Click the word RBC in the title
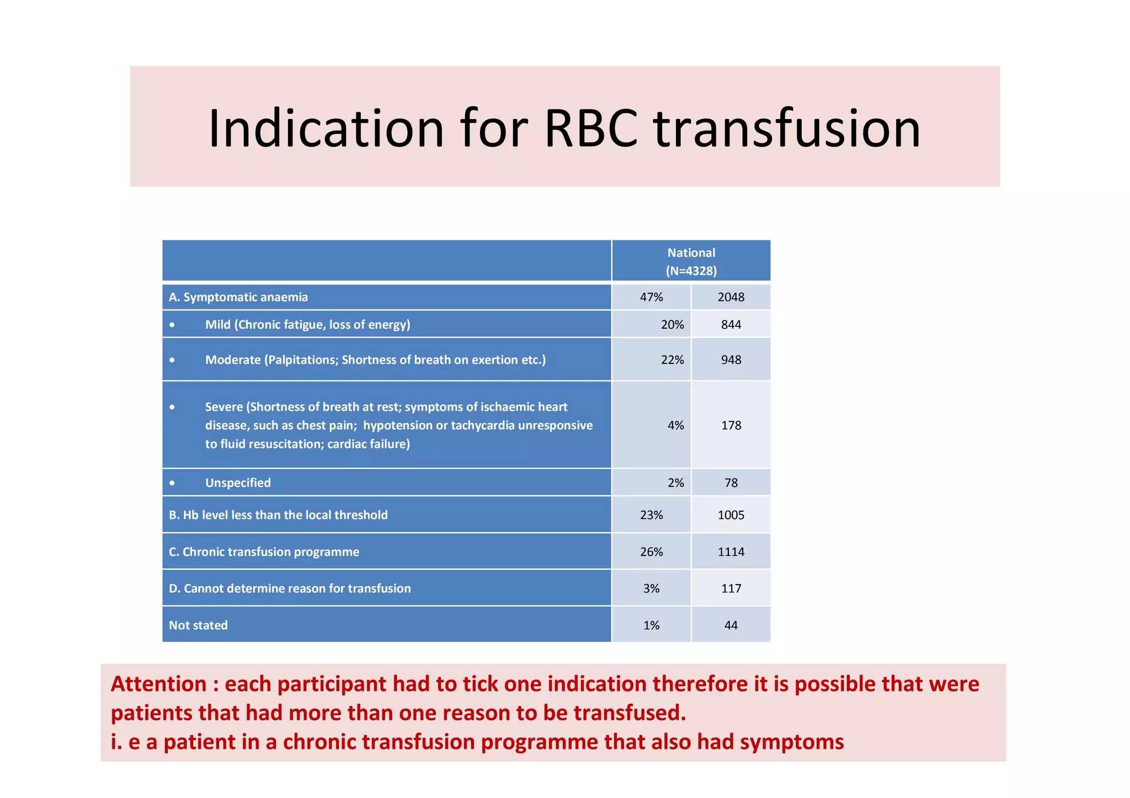tap(591, 129)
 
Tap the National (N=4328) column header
tap(691, 261)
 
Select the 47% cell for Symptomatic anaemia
tap(651, 297)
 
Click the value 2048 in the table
tap(731, 297)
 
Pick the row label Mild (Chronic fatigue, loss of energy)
tap(307, 324)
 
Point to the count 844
tap(731, 324)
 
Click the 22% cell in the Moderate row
tap(672, 360)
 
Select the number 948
tap(731, 360)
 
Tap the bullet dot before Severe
tap(172, 407)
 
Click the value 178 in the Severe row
tap(731, 425)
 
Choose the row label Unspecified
tap(238, 483)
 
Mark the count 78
tap(731, 483)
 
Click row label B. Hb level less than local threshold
tap(278, 515)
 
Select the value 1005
tap(731, 515)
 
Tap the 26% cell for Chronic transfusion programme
tap(651, 551)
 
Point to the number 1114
tap(731, 551)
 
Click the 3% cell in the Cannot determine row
tap(651, 588)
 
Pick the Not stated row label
tap(198, 625)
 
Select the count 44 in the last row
tap(731, 625)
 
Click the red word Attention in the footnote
tap(158, 684)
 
